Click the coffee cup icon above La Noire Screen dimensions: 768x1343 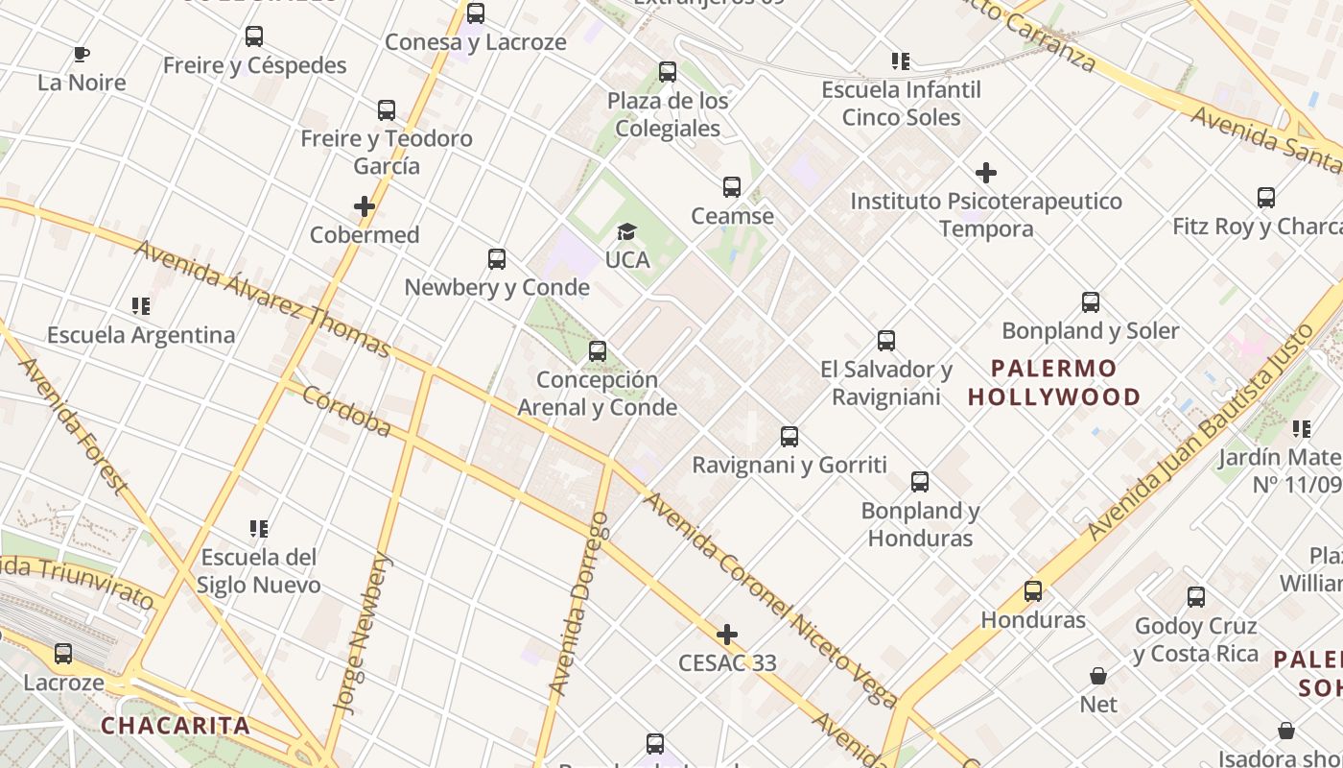pos(81,54)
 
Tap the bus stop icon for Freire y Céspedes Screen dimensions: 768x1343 pos(253,36)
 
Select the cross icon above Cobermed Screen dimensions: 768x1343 pos(365,206)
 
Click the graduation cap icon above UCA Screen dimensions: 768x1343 pos(626,231)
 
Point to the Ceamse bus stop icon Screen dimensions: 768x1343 pos(732,187)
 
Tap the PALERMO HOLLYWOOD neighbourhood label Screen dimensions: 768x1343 pos(1054,382)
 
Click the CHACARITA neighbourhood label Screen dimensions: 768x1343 pos(176,726)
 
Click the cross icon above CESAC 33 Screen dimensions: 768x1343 pos(727,635)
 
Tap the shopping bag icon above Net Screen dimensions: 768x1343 pos(1098,676)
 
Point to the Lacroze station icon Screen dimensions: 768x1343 pos(63,654)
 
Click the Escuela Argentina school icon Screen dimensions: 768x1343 pos(141,306)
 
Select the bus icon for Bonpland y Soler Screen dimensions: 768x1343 pos(1091,302)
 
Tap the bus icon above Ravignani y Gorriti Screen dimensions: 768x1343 pos(789,437)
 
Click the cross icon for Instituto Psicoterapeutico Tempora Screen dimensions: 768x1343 pos(985,173)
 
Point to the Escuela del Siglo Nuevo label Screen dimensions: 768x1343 pos(259,571)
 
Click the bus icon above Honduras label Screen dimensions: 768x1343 pos(1033,591)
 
